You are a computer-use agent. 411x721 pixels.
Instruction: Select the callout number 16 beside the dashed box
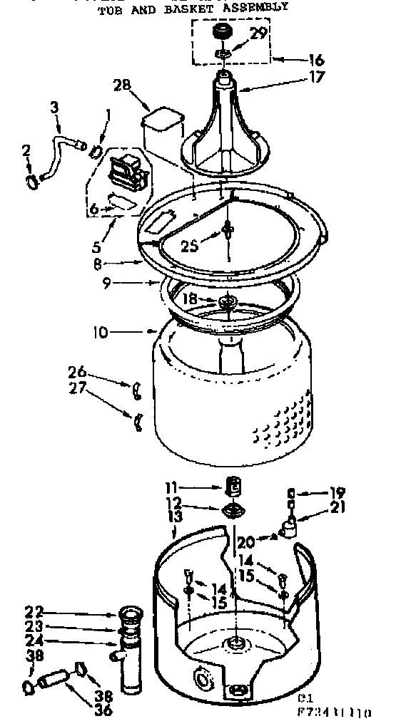[x=298, y=61]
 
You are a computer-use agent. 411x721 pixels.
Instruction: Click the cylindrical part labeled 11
[x=232, y=487]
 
